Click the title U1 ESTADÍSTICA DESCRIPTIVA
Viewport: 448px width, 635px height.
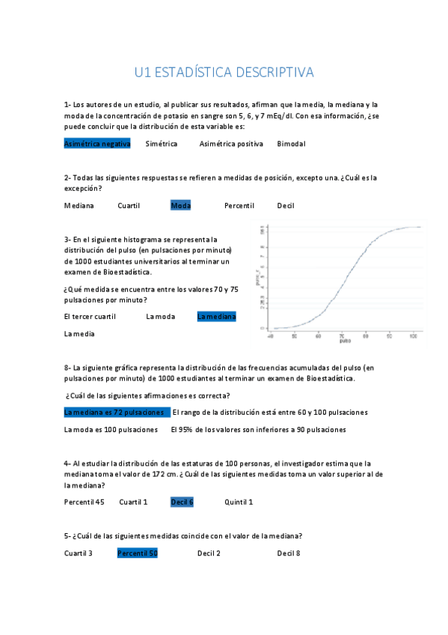click(x=224, y=73)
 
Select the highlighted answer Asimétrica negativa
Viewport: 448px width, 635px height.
click(x=97, y=144)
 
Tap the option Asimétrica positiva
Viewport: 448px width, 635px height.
click(x=231, y=144)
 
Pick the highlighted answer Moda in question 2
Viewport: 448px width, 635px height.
click(x=180, y=205)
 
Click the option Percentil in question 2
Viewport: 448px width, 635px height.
click(x=239, y=205)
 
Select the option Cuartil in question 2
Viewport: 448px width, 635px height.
click(x=129, y=205)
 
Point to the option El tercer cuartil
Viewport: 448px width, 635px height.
click(x=90, y=317)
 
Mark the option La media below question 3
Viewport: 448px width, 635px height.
click(x=79, y=334)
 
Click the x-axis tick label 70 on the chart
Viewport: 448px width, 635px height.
click(x=342, y=336)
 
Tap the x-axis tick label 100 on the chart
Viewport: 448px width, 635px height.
click(x=413, y=336)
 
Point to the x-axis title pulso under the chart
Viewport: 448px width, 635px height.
click(x=344, y=342)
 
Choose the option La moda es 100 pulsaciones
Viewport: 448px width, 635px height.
click(x=111, y=430)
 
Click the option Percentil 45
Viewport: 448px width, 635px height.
click(x=84, y=502)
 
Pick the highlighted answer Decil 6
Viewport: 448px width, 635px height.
click(x=182, y=502)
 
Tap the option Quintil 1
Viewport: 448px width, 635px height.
click(x=239, y=502)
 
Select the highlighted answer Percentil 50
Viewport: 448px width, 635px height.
click(x=137, y=553)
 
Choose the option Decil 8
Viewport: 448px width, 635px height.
click(x=288, y=553)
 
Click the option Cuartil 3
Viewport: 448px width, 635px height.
click(x=79, y=553)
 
